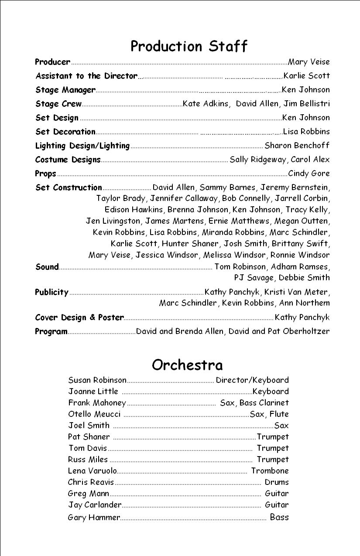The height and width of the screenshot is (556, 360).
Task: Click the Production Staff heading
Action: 189,46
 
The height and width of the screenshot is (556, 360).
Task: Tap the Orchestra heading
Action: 187,365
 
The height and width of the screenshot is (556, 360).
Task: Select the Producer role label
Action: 52,62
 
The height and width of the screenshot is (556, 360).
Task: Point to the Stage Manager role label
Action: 65,90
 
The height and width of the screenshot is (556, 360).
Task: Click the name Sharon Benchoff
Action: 297,145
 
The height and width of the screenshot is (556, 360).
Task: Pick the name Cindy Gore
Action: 309,173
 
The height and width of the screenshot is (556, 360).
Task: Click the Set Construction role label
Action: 69,188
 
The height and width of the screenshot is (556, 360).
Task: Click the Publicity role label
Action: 51,292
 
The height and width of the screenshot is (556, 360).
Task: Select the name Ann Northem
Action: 311,303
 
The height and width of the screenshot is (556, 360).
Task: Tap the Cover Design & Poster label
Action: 79,317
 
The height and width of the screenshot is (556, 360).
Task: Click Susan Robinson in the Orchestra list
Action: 97,380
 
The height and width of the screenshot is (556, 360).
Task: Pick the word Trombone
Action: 270,471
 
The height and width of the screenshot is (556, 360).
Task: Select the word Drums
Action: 277,482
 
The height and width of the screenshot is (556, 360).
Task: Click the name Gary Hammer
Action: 94,518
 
